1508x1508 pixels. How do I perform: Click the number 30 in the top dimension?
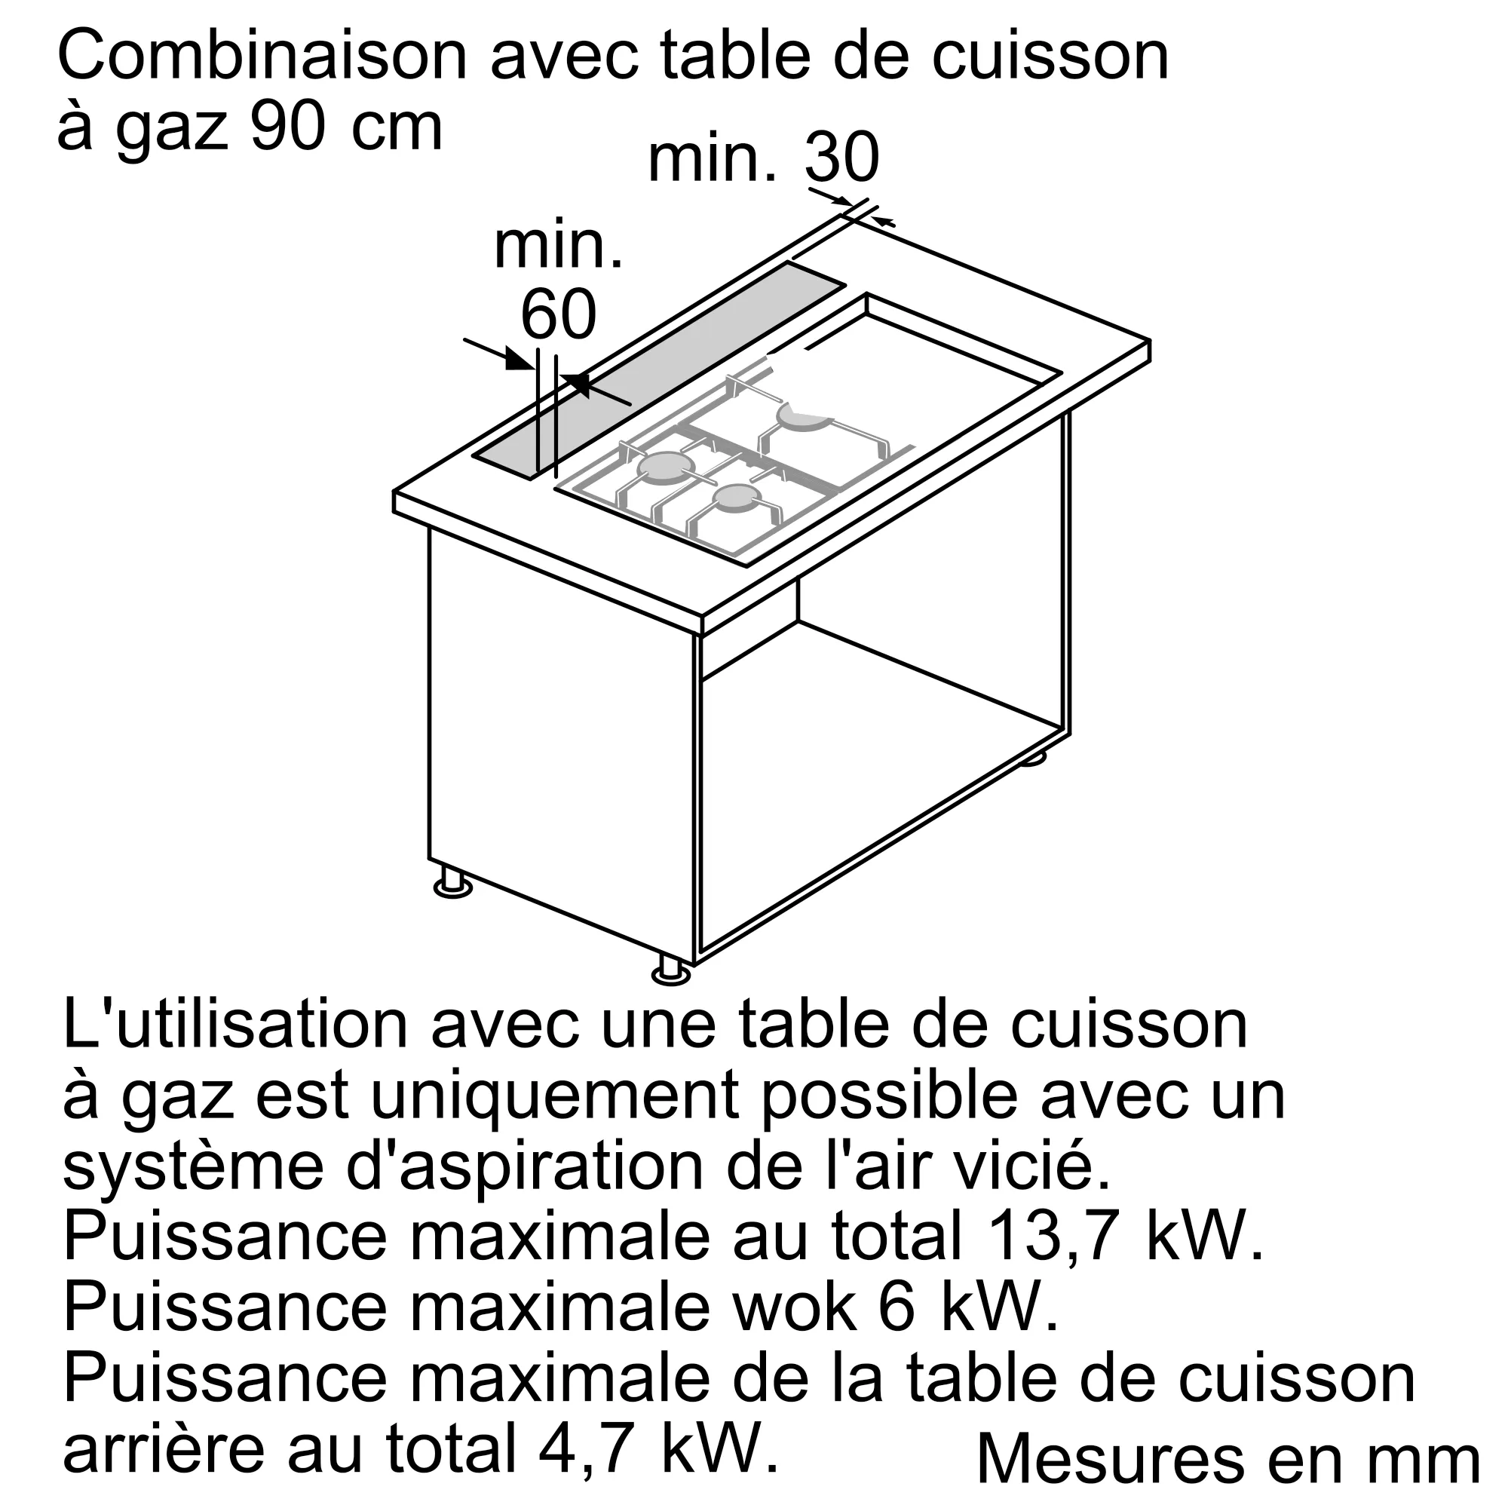point(841,158)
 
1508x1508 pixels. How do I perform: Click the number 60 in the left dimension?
point(558,314)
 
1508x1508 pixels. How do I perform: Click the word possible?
point(889,1096)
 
